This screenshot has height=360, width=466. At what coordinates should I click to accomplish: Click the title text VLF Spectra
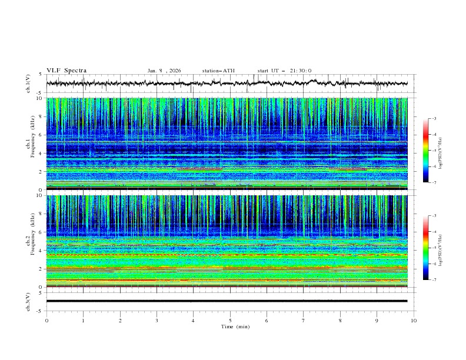(x=66, y=71)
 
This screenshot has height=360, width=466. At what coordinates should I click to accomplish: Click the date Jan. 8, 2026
(x=164, y=71)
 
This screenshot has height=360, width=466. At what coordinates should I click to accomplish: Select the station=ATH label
(x=218, y=71)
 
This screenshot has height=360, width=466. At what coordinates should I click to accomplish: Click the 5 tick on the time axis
(x=230, y=321)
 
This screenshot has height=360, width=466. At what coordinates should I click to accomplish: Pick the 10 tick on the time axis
(x=414, y=321)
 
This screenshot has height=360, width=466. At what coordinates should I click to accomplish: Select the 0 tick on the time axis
(x=46, y=321)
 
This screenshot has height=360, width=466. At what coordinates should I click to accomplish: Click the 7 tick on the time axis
(x=304, y=321)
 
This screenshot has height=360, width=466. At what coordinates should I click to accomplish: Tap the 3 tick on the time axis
(x=157, y=321)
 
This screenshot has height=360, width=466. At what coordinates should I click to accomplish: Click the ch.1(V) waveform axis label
(x=28, y=84)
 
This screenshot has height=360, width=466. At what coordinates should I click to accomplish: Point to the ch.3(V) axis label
(x=28, y=301)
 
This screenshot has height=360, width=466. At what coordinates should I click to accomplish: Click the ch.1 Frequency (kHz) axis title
(x=28, y=145)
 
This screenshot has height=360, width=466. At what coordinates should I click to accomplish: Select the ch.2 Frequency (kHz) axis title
(x=28, y=242)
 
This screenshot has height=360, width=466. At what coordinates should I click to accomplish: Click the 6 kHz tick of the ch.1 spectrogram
(x=41, y=135)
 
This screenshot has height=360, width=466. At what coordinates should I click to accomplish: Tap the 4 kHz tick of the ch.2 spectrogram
(x=41, y=251)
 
